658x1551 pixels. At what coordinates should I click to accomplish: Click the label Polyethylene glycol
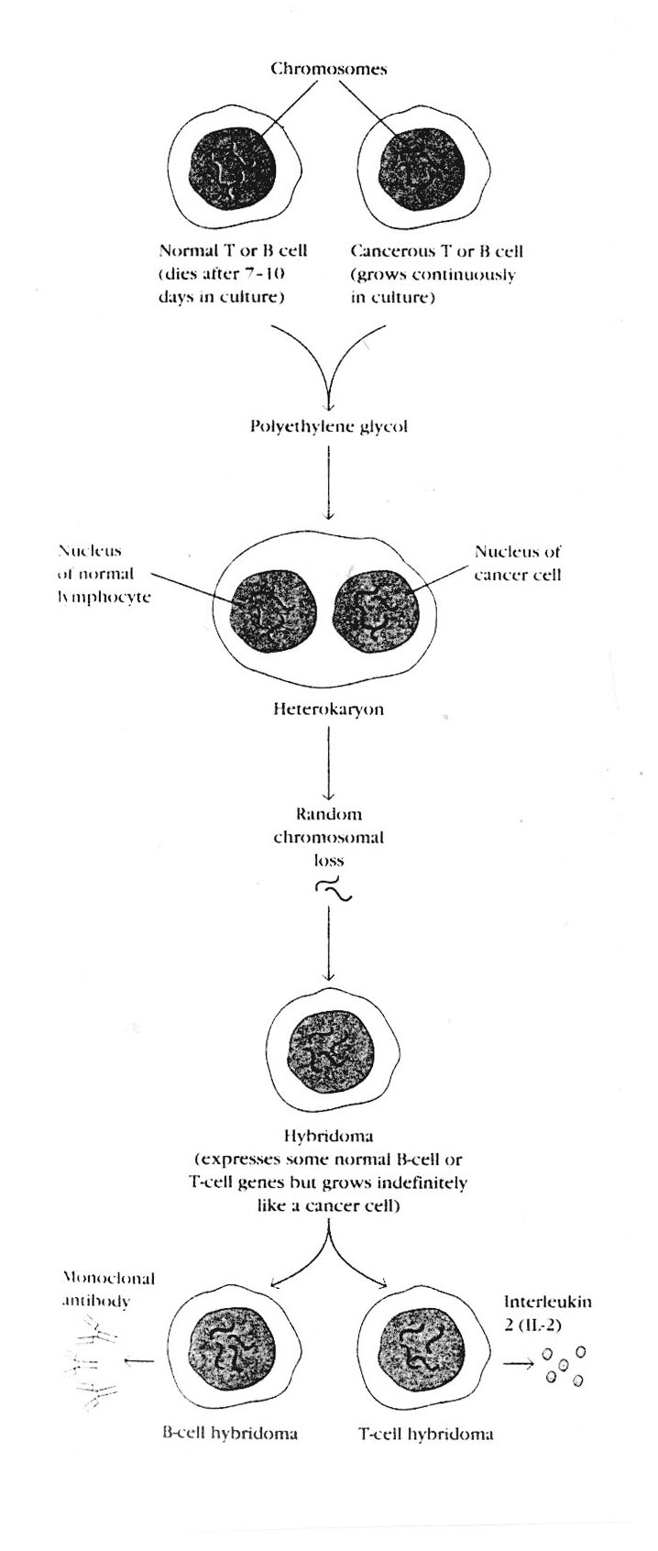[329, 426]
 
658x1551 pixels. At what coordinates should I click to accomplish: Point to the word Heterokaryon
[328, 709]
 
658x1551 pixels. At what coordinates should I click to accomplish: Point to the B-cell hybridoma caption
[230, 1434]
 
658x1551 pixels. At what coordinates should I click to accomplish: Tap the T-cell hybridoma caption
[425, 1434]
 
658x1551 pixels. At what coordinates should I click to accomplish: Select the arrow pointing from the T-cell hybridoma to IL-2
[519, 1363]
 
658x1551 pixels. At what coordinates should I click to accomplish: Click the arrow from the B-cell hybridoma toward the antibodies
[138, 1363]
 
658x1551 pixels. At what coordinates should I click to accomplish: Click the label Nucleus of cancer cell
[517, 563]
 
